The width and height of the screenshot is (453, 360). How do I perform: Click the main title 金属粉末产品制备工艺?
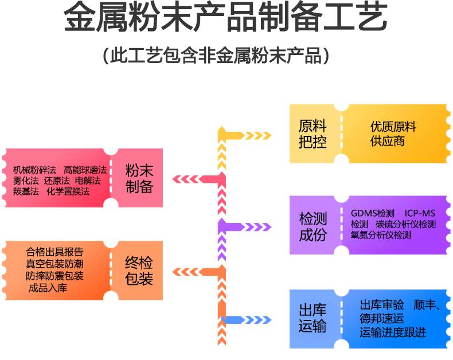[x=225, y=17]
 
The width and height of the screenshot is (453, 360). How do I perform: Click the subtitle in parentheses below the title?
[x=216, y=55]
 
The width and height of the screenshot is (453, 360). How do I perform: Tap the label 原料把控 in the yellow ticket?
[x=313, y=134]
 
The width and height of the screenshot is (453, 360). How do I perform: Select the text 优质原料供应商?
[x=393, y=134]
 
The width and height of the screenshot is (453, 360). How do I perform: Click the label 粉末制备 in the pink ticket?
[x=139, y=178]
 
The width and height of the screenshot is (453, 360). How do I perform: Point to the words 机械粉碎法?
[x=34, y=170]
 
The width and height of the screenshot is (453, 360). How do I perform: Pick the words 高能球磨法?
[x=85, y=170]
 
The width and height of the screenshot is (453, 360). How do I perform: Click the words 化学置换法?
[x=68, y=191]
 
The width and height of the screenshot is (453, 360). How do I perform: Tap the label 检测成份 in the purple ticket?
[x=313, y=226]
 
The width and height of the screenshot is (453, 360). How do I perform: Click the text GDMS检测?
[x=372, y=213]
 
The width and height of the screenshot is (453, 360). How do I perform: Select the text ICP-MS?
[x=420, y=213]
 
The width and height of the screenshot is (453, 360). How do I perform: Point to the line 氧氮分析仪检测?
[x=381, y=235]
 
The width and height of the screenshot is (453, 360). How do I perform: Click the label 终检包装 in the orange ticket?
[x=139, y=271]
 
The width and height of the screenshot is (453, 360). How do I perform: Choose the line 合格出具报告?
[x=54, y=252]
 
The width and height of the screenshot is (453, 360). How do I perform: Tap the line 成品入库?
[x=48, y=288]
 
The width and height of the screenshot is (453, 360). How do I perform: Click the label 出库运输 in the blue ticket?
[x=313, y=318]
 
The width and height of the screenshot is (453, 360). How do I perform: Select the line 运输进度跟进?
[x=393, y=332]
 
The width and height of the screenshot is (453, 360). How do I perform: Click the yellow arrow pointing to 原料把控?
[x=245, y=135]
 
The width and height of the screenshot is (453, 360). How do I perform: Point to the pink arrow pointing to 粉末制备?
[x=199, y=179]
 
